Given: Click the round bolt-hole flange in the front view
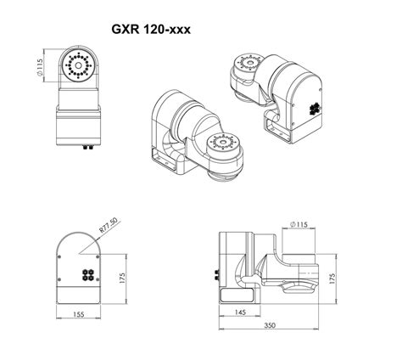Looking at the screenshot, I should pyautogui.click(x=79, y=66).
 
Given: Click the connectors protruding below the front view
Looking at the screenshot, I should pyautogui.click(x=86, y=145).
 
